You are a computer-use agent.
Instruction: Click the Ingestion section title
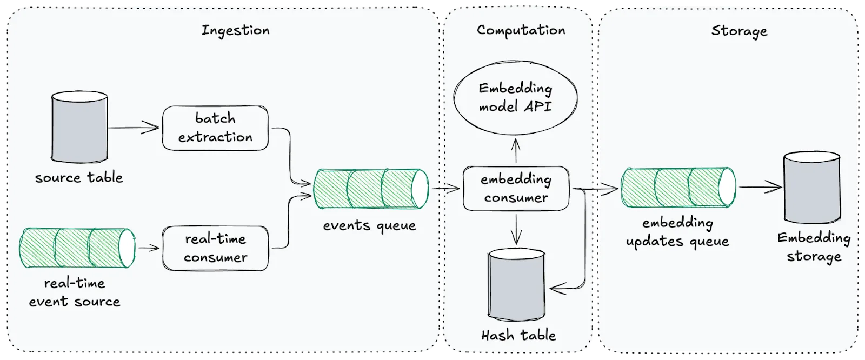click(235, 30)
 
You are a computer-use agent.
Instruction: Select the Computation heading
click(521, 30)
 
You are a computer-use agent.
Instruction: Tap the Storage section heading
click(738, 31)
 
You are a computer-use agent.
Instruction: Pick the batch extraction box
click(215, 128)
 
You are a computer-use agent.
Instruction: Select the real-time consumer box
click(215, 248)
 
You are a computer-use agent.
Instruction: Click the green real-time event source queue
click(77, 248)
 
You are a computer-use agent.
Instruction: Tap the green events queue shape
click(371, 189)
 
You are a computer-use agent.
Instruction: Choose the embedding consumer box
click(516, 189)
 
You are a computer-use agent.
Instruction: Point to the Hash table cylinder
click(516, 285)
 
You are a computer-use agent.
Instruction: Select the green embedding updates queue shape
click(677, 188)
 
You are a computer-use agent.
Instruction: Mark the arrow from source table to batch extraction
click(134, 129)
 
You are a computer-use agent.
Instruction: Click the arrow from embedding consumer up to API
click(516, 151)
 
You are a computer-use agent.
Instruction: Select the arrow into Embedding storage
click(760, 188)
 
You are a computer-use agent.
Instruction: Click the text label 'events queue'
click(370, 226)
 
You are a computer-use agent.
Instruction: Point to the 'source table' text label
click(79, 178)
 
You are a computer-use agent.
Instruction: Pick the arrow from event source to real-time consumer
click(149, 248)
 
